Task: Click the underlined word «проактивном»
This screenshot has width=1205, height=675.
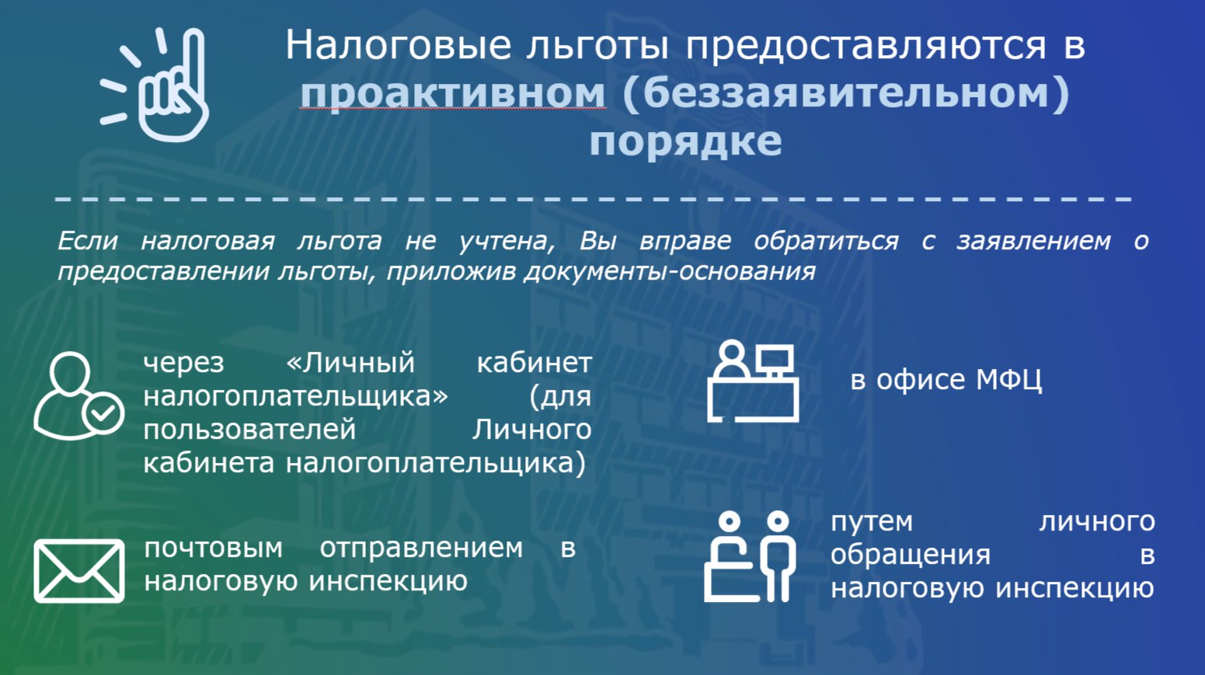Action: [x=452, y=92]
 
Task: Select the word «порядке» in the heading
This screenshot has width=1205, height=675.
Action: [x=685, y=141]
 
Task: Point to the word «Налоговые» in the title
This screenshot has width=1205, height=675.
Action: [x=398, y=45]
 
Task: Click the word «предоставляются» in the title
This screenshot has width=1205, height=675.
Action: [x=866, y=47]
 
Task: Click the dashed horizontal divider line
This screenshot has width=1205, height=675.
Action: [x=594, y=199]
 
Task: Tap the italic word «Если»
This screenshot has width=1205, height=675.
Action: [x=88, y=241]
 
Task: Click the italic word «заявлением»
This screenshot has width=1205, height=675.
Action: [x=1033, y=241]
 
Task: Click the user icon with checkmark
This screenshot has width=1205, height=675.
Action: [x=78, y=396]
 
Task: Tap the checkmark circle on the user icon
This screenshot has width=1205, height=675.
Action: [x=103, y=413]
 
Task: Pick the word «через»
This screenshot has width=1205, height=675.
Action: [x=183, y=364]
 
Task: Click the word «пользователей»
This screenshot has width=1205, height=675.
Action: [x=249, y=430]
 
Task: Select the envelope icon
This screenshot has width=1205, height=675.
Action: [x=79, y=571]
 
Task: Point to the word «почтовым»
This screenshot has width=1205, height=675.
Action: [x=214, y=548]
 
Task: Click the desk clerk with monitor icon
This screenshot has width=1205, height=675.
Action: [x=753, y=381]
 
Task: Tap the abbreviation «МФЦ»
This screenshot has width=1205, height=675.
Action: [x=1009, y=381]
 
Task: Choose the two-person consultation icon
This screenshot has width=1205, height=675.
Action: [x=750, y=557]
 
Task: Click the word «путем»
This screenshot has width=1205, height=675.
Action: [x=872, y=523]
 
